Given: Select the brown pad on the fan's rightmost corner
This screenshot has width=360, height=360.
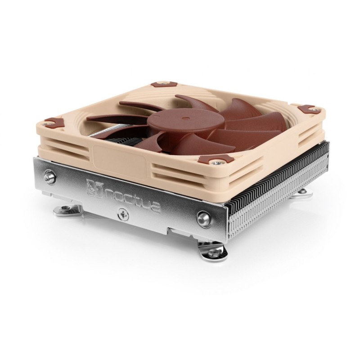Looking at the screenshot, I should coord(308,108).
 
